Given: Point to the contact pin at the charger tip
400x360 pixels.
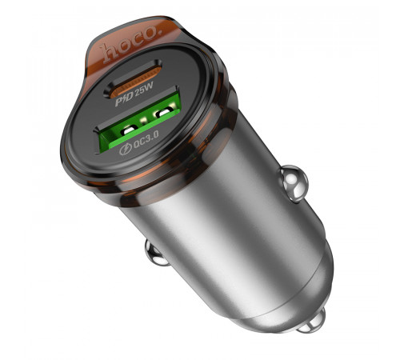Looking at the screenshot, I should click(x=314, y=320).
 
